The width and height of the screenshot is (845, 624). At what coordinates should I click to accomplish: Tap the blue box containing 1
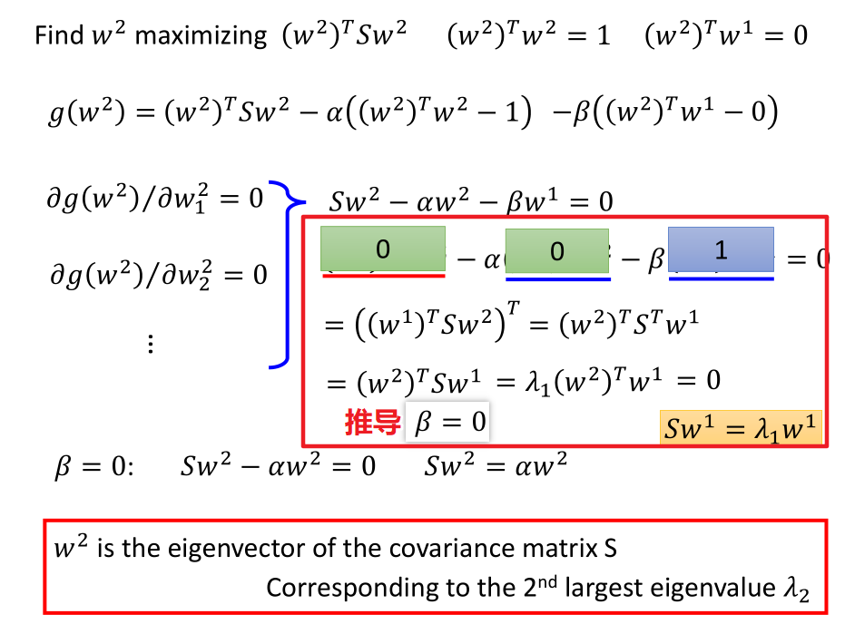721,249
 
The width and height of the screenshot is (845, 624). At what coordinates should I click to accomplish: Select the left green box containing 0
382,249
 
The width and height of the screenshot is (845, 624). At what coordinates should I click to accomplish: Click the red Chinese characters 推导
372,423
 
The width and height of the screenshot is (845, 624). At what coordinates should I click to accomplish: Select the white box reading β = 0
449,423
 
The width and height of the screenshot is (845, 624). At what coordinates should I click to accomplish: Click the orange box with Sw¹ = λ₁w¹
741,428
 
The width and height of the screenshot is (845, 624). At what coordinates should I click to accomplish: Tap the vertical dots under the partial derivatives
151,344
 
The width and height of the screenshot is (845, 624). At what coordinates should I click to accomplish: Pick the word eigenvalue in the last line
716,588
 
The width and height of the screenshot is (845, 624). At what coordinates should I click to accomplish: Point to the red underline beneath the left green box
383,275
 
